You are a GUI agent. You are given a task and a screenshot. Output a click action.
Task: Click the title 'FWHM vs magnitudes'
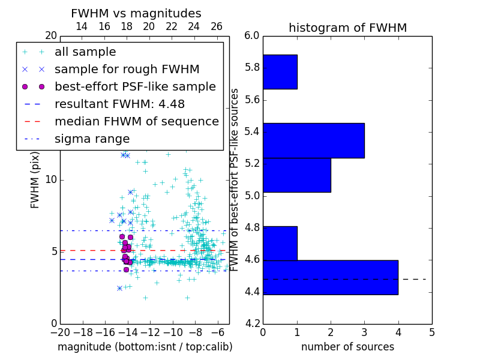[x=136, y=14]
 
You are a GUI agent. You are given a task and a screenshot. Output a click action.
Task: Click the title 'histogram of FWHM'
[x=347, y=28]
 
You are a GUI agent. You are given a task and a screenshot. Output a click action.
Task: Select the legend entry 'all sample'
[x=85, y=52]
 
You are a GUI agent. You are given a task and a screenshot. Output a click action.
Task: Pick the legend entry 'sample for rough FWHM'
[x=109, y=70]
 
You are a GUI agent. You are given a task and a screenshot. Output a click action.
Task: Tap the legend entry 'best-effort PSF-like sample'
[x=135, y=87]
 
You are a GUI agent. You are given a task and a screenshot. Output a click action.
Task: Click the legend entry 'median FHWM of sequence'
[x=136, y=122]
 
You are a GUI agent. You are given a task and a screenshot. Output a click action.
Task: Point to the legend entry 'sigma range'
[x=92, y=139]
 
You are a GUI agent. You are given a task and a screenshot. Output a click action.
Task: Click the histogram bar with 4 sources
[x=330, y=277]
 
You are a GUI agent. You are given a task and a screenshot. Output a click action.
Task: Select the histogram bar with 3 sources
[x=313, y=140]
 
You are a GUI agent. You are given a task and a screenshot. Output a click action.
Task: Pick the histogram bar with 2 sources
[x=296, y=175]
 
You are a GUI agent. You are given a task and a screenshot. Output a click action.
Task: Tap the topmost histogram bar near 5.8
[x=280, y=72]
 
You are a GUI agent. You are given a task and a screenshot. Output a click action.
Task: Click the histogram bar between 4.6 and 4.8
[x=280, y=243]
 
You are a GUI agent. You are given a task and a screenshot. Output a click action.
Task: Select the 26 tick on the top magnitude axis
[x=217, y=26]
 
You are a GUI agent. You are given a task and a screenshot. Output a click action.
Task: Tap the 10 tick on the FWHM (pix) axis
[x=50, y=180]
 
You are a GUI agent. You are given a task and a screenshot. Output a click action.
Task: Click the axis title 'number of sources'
[x=347, y=347]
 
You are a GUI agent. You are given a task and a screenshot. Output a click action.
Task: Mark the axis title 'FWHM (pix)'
[x=35, y=180]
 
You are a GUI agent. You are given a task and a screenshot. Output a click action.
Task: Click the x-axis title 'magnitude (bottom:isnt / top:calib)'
[x=145, y=347]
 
